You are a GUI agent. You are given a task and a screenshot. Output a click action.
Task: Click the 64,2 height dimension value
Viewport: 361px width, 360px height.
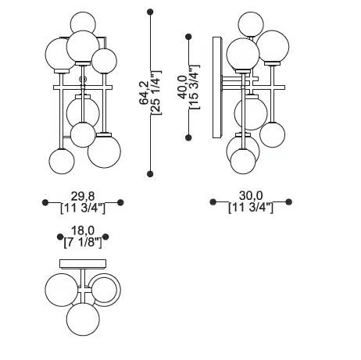(x=145, y=93)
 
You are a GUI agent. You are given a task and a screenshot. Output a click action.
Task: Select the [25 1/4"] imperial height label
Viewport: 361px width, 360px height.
(x=156, y=92)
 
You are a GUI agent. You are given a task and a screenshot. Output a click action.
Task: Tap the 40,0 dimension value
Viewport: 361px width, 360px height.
(x=183, y=87)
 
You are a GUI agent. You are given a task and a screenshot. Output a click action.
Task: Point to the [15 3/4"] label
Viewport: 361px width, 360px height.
(x=195, y=87)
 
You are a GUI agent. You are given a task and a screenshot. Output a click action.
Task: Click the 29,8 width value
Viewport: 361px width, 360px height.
(x=83, y=196)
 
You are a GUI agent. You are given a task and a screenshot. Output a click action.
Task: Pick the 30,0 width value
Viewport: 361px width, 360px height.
(x=251, y=195)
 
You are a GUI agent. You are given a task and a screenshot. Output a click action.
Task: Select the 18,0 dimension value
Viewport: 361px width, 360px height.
(x=83, y=230)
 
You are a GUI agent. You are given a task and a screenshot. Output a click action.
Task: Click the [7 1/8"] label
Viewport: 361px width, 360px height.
(x=83, y=243)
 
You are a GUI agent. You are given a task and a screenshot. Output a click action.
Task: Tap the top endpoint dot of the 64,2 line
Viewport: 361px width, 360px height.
(x=150, y=12)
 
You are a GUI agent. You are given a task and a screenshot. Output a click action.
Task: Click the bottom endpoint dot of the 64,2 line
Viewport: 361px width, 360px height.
(x=150, y=174)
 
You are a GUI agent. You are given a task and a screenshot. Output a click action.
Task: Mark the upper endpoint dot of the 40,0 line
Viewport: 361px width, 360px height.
(x=188, y=37)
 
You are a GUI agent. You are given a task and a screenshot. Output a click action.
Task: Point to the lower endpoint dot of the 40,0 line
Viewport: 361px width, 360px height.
(x=188, y=137)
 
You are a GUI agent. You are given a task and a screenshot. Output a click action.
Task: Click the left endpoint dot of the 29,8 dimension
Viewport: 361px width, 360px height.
(x=45, y=202)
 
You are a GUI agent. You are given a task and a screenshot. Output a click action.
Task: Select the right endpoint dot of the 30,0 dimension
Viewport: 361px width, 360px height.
(x=288, y=201)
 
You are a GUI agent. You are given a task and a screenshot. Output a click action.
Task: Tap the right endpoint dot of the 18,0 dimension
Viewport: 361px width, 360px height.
(x=105, y=237)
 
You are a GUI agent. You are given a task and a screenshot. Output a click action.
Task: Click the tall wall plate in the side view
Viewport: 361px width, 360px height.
(x=217, y=87)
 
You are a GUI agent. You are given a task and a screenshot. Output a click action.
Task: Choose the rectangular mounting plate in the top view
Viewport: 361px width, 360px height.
(x=83, y=264)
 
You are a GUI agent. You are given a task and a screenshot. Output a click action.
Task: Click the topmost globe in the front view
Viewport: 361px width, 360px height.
(x=84, y=23)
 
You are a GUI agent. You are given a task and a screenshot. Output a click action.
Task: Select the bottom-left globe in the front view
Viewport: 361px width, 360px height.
(x=62, y=162)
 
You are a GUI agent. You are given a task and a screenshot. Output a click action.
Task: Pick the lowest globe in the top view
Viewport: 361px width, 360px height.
(x=83, y=319)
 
